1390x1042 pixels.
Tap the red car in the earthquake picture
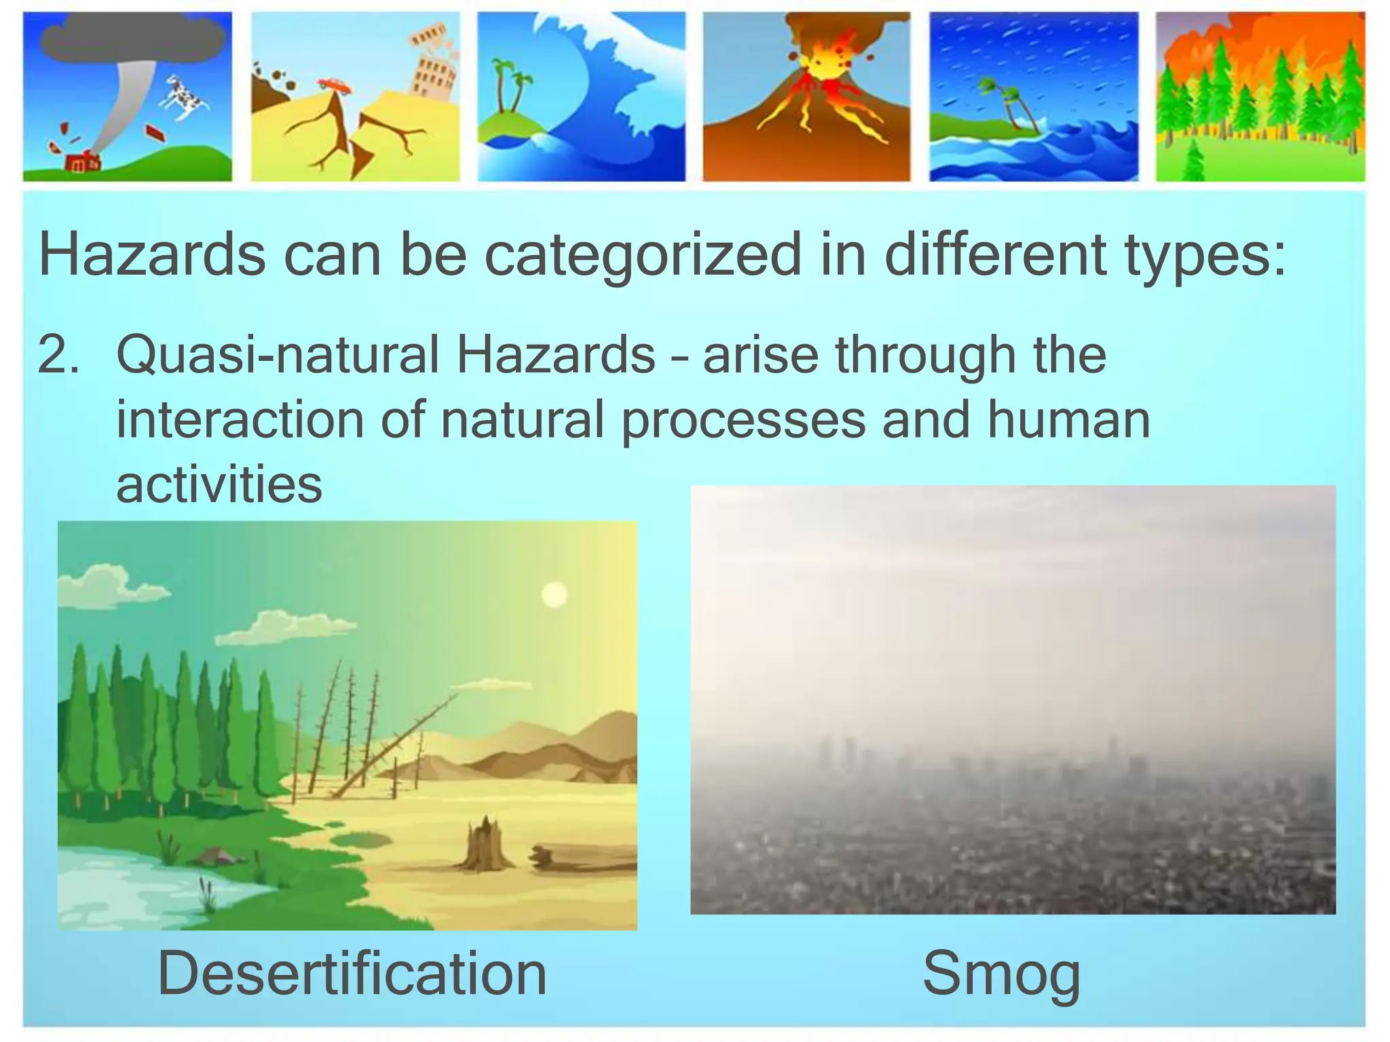point(334,85)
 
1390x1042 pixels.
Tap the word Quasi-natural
point(278,355)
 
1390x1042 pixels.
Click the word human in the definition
point(1068,419)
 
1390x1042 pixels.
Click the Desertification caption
point(352,974)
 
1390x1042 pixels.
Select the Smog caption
point(1001,974)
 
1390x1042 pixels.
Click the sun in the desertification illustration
point(555,595)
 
